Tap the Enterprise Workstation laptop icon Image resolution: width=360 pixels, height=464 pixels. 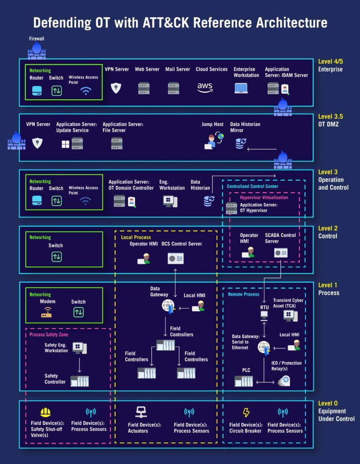pos(241,88)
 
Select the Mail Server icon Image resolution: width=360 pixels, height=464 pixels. pos(174,88)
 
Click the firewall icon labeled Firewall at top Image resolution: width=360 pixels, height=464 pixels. pos(37,51)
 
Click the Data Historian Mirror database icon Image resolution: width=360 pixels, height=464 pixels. pos(241,144)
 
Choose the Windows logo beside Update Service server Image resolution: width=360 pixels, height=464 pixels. pos(66,144)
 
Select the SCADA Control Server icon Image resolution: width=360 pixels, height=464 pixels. pos(281,253)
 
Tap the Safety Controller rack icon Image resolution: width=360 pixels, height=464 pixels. pos(80,381)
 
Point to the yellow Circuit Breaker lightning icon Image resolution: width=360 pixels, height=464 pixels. pos(246,412)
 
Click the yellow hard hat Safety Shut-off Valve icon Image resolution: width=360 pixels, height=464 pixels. pos(45,412)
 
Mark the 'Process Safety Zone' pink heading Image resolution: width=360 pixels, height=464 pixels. pos(48,334)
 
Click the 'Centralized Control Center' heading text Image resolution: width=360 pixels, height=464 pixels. pos(253,186)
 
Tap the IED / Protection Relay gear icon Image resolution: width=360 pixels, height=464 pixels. pos(284,381)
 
